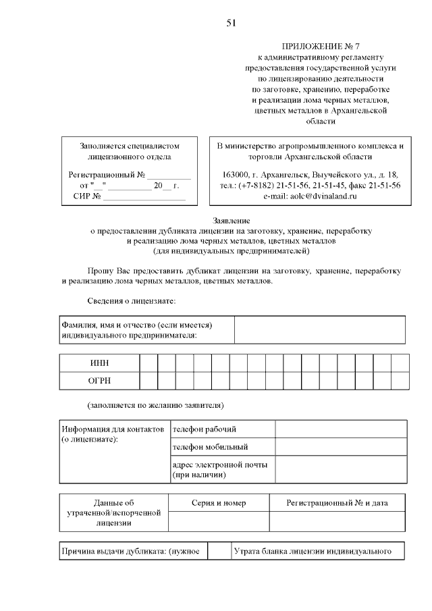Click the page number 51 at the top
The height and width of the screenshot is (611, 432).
(231, 24)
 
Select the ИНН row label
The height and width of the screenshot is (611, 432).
(99, 363)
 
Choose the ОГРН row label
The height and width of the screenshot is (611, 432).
(99, 381)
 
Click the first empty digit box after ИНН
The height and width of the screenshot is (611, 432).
(148, 363)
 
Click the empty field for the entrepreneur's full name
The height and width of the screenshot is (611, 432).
(320, 330)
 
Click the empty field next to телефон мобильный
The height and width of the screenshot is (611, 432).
(340, 447)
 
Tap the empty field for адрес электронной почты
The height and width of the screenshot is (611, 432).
(340, 469)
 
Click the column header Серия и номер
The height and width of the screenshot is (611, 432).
(219, 503)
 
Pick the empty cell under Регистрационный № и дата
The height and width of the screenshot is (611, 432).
(337, 521)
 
